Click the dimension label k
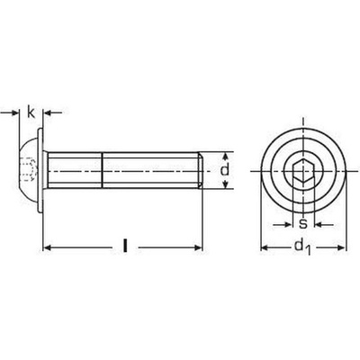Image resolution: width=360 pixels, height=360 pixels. (31, 112)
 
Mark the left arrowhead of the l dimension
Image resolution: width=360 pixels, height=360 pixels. (48, 244)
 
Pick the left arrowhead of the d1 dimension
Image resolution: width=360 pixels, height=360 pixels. (264, 244)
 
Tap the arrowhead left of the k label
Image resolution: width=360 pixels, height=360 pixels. (16, 112)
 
